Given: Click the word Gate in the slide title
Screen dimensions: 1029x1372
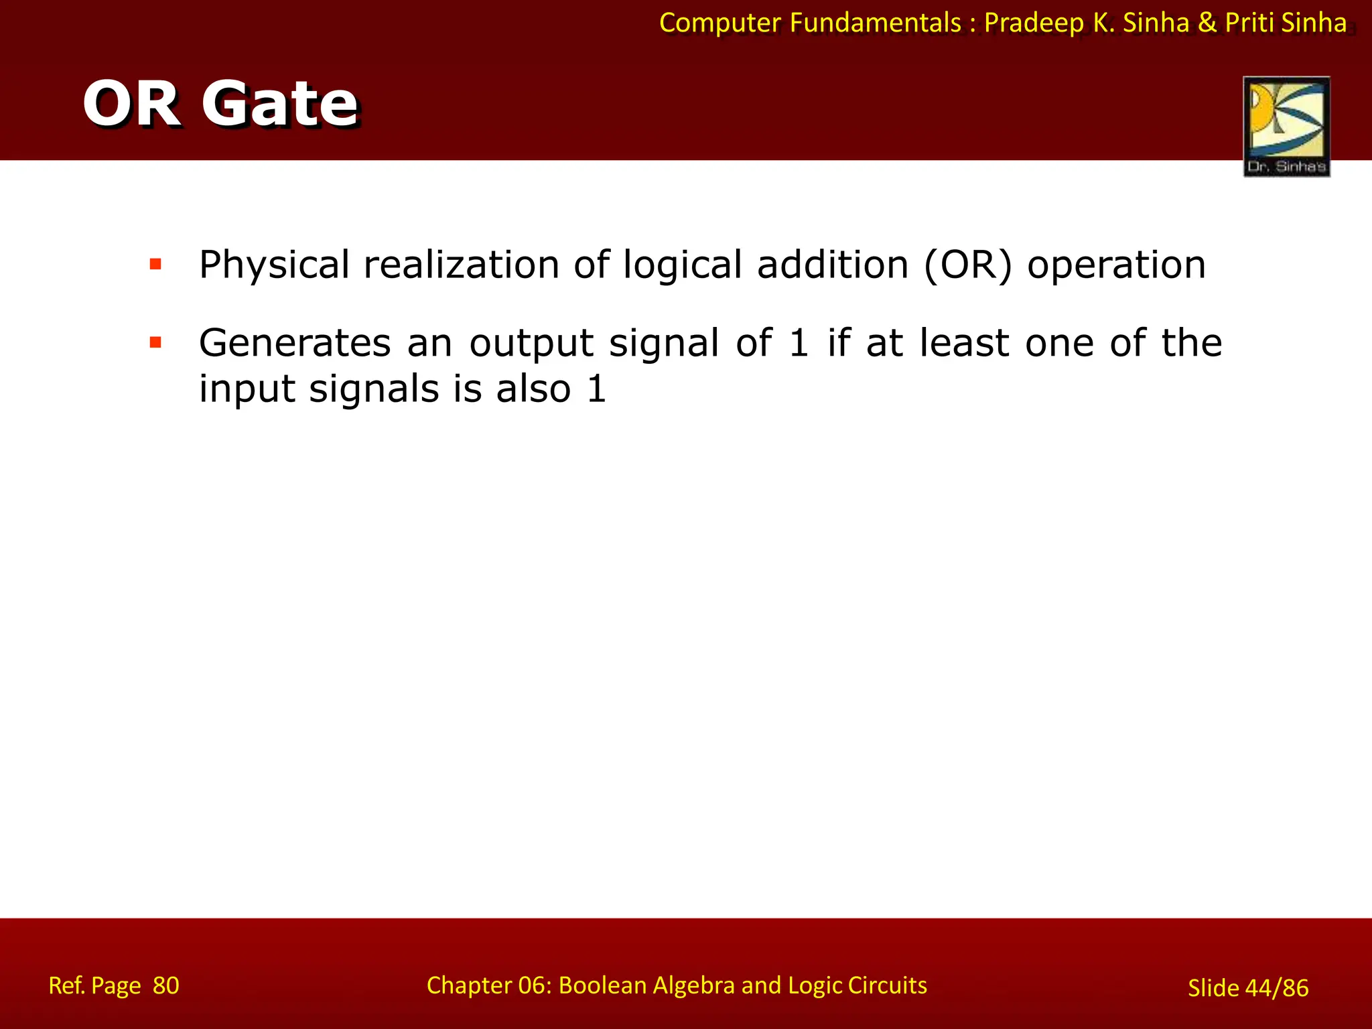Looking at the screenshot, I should (280, 104).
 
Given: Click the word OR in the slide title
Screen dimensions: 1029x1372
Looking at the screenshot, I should (132, 104).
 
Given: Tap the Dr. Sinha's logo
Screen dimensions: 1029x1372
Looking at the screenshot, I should (1286, 126).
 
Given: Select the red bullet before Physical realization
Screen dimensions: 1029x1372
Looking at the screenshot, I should (155, 264).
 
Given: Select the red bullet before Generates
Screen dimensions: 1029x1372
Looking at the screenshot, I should (155, 343).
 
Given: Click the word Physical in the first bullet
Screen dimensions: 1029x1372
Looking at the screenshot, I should (274, 265).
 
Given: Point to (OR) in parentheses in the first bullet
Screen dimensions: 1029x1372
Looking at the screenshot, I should (967, 265).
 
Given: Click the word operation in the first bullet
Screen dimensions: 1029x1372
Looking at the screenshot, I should (1116, 265).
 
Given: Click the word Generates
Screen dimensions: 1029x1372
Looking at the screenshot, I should (295, 343).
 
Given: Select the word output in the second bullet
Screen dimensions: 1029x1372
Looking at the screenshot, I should (531, 343).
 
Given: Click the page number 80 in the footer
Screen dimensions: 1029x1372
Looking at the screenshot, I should (166, 985).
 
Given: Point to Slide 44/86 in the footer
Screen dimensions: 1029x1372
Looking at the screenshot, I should (1247, 987).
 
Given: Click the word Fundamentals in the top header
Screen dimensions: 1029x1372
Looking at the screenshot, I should (875, 23).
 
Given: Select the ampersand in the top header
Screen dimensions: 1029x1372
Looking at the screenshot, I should (1207, 23).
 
